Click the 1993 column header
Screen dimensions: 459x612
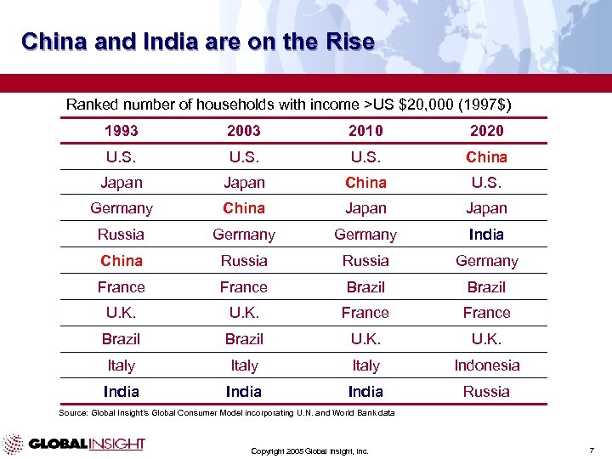[x=121, y=130]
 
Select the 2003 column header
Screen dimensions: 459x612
[x=244, y=130]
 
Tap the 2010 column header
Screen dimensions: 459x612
[x=365, y=130]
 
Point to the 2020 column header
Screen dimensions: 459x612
[x=486, y=130]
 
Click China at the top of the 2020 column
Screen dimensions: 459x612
[x=486, y=156]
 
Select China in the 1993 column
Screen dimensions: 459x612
[x=121, y=261]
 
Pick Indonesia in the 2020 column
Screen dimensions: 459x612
[x=486, y=365]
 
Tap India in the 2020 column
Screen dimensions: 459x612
[x=486, y=235]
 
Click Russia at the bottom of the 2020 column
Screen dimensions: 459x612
[x=486, y=392]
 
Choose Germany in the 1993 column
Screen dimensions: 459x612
[x=121, y=208]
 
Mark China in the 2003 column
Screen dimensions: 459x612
[x=244, y=208]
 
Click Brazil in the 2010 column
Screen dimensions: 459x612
[x=365, y=287]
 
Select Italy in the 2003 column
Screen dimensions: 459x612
[x=244, y=365]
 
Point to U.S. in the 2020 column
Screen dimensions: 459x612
[x=486, y=182]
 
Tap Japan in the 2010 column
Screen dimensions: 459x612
[x=365, y=208]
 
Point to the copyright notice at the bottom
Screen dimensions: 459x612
[x=309, y=451]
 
